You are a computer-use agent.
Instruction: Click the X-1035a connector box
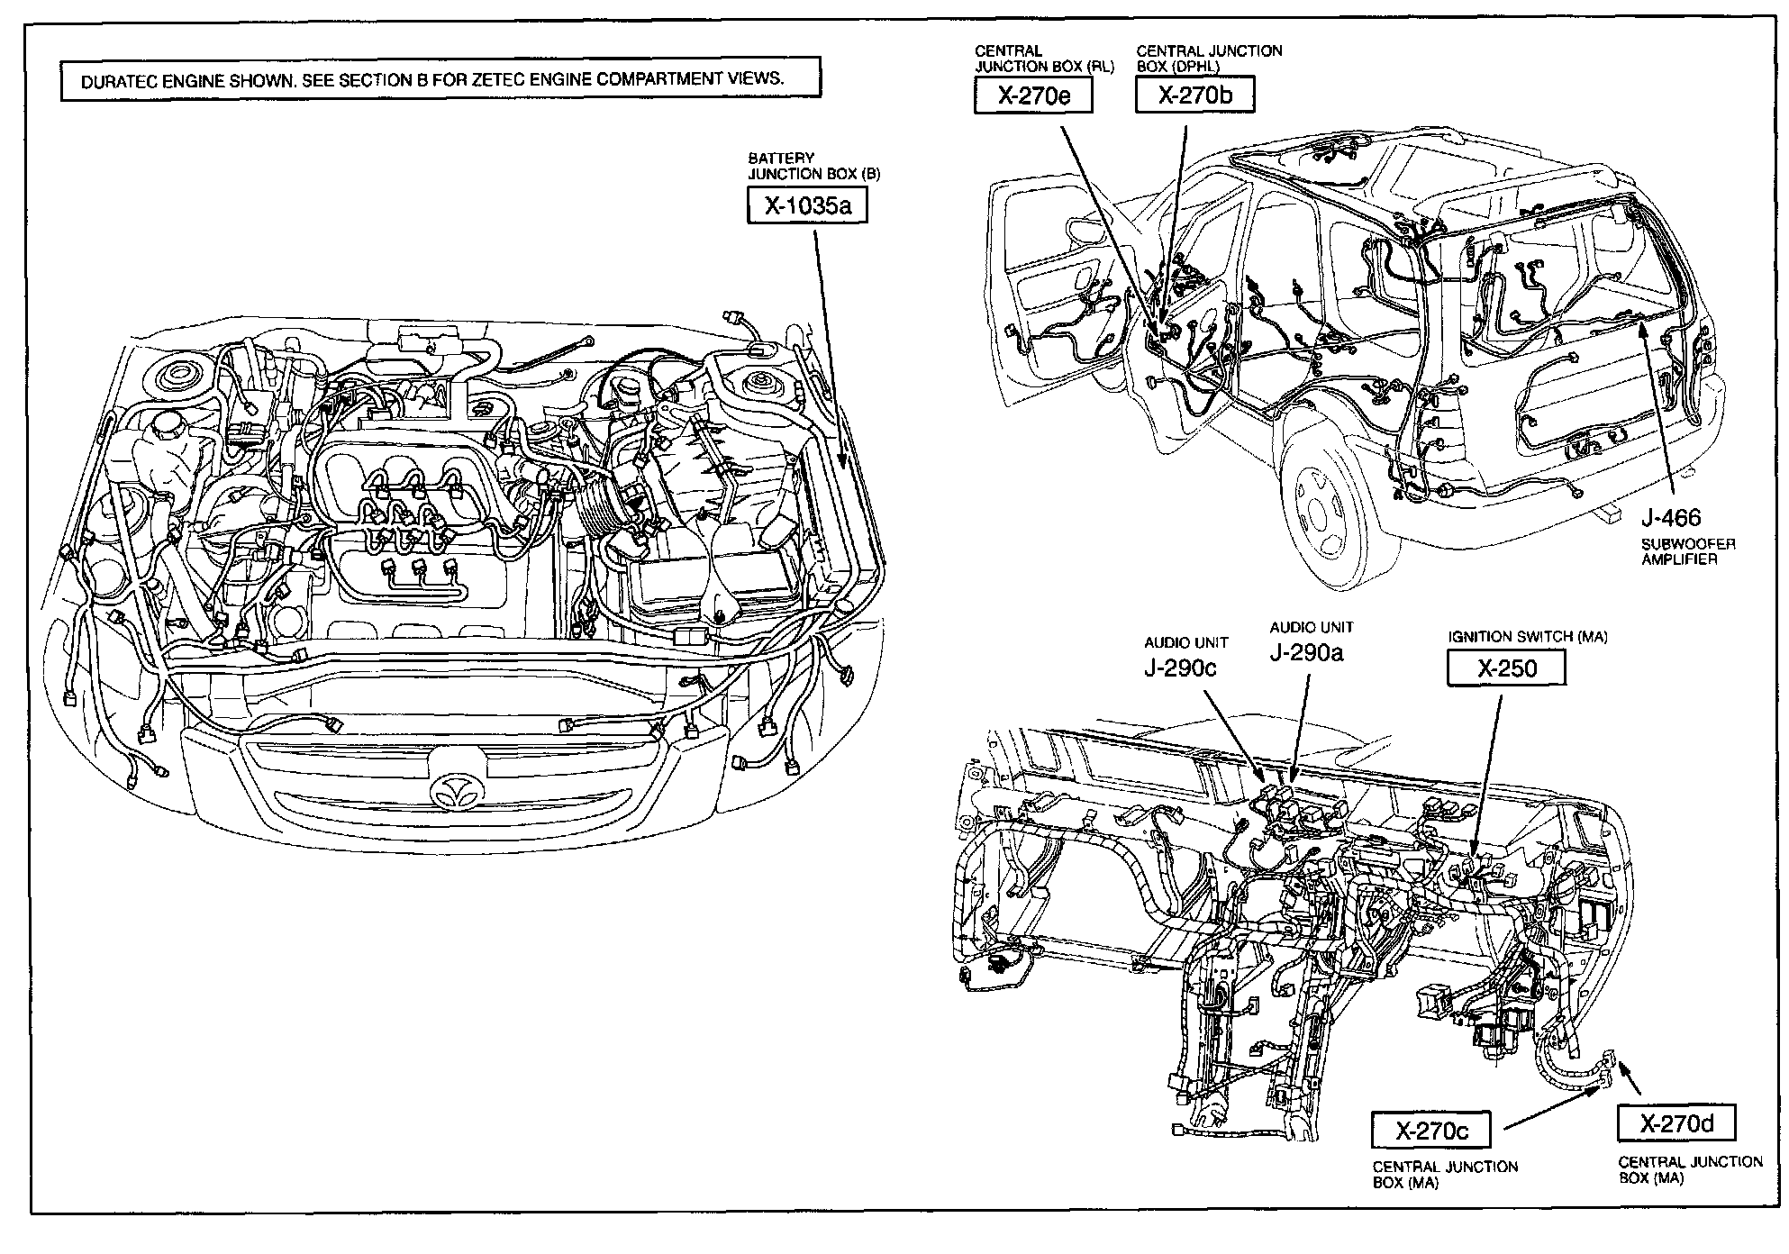point(807,206)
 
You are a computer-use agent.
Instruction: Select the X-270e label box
point(1032,96)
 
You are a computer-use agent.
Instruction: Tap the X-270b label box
point(1194,95)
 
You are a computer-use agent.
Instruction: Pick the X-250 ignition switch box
point(1506,668)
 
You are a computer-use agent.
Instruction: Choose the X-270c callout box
point(1430,1130)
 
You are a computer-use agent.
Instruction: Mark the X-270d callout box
point(1675,1122)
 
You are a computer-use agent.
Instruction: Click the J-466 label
point(1670,517)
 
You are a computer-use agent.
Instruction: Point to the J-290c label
point(1180,668)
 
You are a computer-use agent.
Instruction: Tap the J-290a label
point(1306,653)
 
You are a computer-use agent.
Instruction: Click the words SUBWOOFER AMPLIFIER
point(1686,551)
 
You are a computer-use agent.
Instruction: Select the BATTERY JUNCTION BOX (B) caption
point(813,166)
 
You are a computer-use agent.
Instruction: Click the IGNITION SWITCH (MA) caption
point(1527,637)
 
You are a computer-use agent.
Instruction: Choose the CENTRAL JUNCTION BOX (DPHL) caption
point(1209,59)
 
